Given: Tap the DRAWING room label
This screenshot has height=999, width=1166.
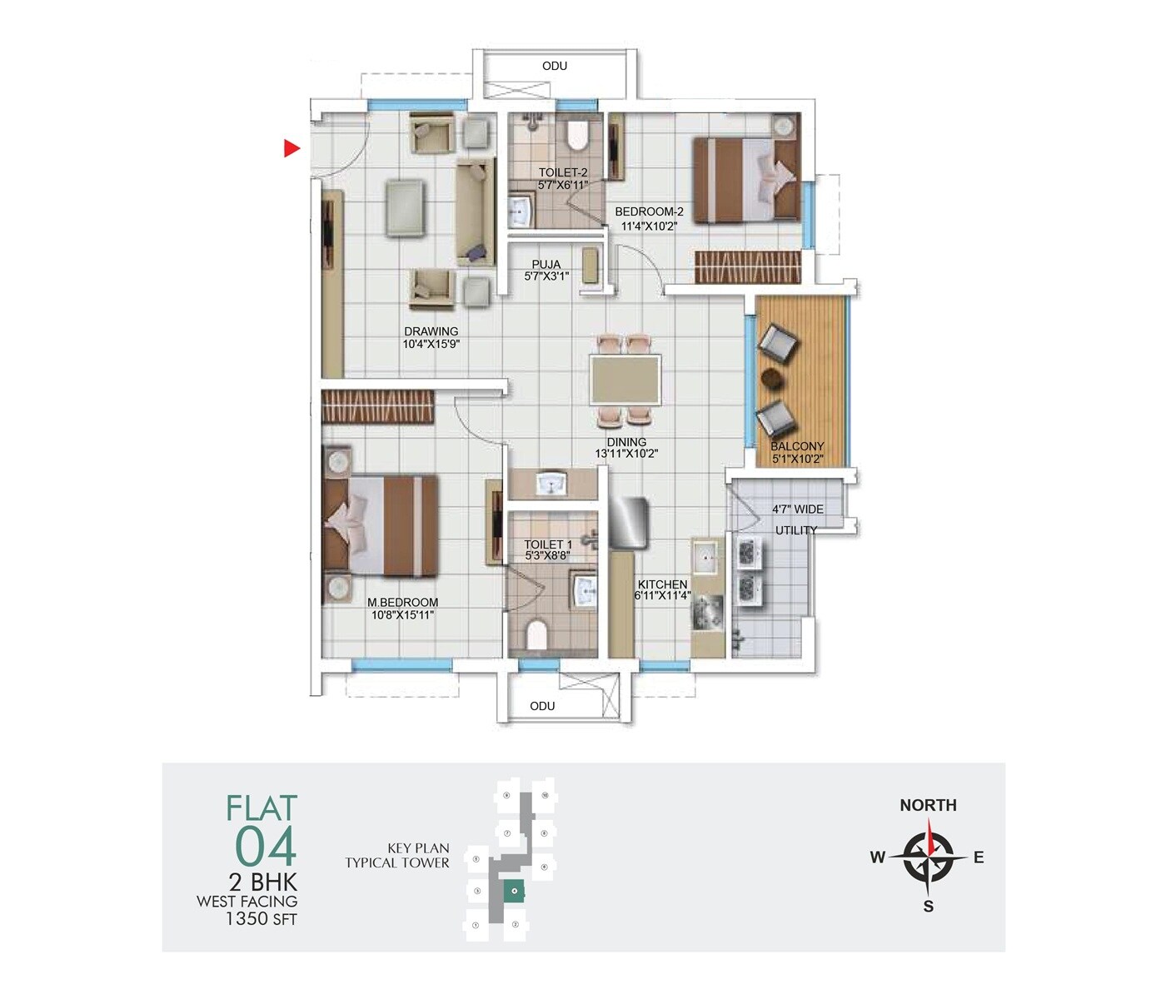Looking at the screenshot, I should (x=431, y=331).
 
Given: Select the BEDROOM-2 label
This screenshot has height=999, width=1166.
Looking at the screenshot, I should (x=649, y=212).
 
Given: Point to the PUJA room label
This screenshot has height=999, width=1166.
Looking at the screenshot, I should (x=546, y=265).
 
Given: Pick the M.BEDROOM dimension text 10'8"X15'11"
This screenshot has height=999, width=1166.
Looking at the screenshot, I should (x=403, y=615).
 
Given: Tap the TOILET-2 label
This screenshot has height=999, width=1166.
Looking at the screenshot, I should (x=563, y=173).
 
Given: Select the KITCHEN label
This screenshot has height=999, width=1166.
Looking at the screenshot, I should (x=663, y=584).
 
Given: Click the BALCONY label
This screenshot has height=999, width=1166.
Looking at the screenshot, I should (x=797, y=447).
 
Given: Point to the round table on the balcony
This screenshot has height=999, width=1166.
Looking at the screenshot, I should (x=773, y=378).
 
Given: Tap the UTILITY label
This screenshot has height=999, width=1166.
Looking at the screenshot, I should (x=796, y=530).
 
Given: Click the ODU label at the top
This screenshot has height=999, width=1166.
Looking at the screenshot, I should (x=555, y=66).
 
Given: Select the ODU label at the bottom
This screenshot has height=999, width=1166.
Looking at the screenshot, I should (x=542, y=706).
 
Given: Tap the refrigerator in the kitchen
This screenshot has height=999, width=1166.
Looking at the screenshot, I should (x=629, y=523).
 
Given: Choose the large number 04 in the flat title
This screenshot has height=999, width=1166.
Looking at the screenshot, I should (x=266, y=847).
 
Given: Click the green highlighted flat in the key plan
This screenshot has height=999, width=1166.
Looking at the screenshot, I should (x=515, y=892).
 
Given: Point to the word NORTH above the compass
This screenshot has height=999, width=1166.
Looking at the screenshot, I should (x=928, y=805).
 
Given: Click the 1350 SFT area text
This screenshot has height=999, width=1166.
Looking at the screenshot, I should (x=261, y=919).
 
